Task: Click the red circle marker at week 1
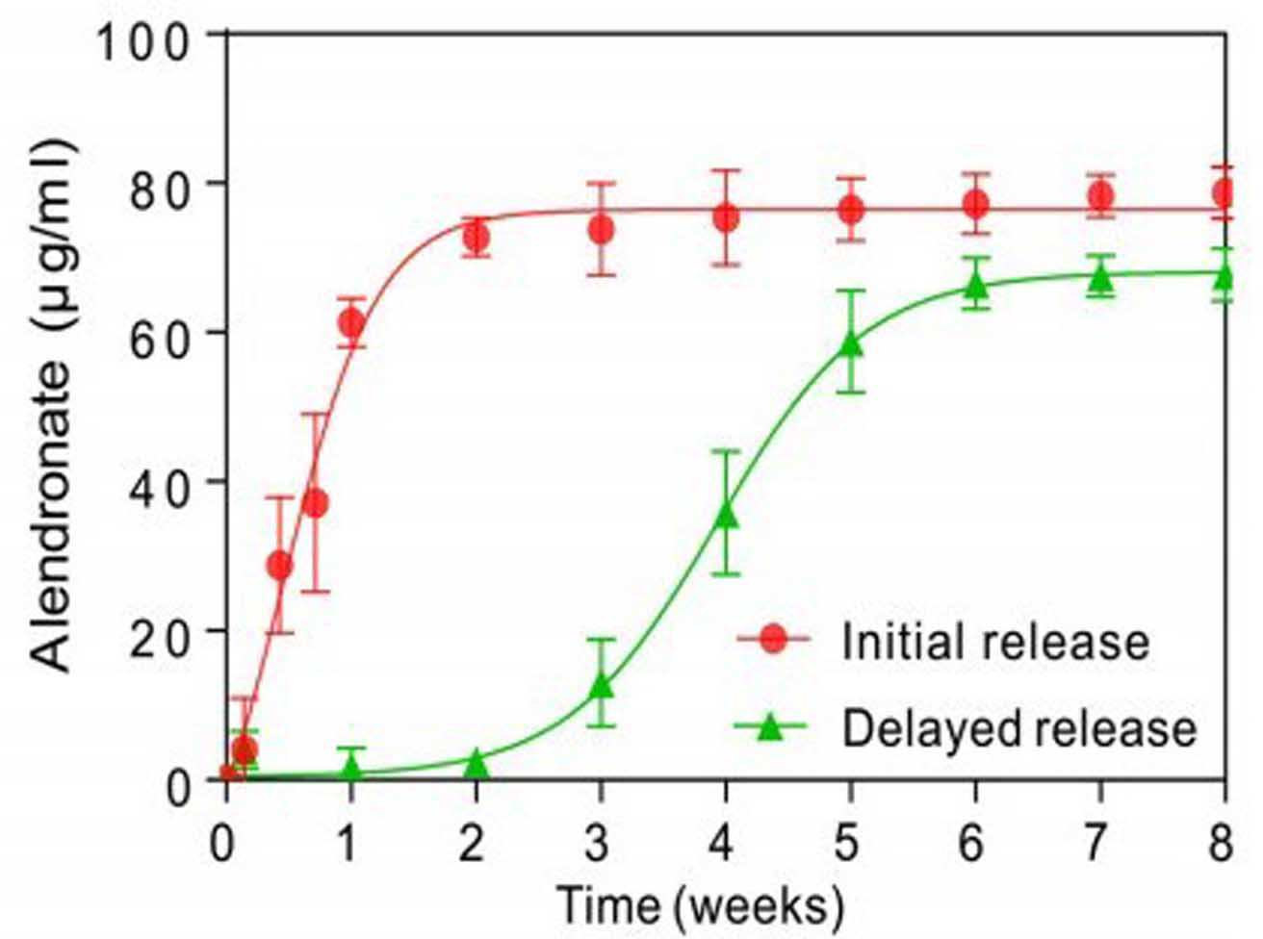click(352, 323)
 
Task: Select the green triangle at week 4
click(726, 515)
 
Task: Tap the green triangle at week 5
click(851, 343)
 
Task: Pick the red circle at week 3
click(602, 229)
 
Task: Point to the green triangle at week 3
click(602, 687)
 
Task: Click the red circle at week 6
click(976, 204)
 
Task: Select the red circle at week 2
click(477, 237)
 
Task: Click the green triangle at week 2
click(477, 765)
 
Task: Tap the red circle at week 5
click(851, 210)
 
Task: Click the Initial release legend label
click(995, 642)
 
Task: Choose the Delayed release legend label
click(1019, 729)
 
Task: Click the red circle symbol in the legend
click(773, 640)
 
